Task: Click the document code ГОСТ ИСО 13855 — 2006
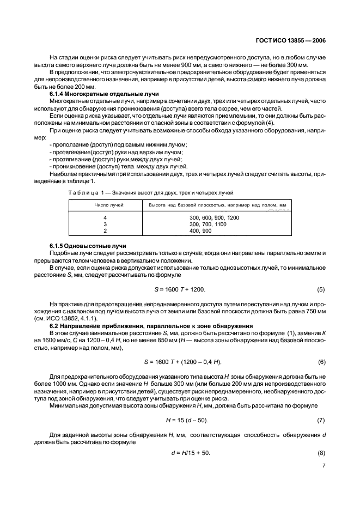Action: coord(291,39)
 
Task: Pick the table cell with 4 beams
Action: coord(105,217)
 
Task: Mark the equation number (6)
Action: coord(321,362)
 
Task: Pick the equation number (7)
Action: coord(321,420)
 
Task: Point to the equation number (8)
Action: coord(321,453)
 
